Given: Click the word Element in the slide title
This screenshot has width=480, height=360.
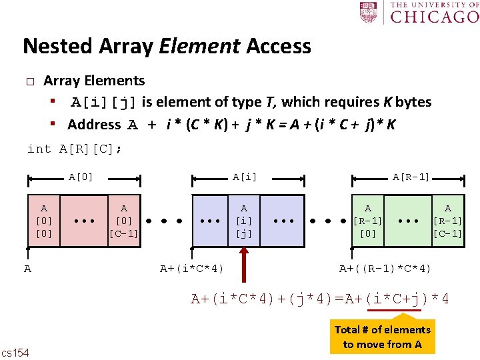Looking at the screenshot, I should [199, 46].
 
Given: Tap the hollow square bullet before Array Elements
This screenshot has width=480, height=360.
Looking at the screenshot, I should [29, 81].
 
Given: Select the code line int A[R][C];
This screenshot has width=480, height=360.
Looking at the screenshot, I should [74, 149].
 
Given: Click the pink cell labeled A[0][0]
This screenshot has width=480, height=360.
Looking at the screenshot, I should [44, 221].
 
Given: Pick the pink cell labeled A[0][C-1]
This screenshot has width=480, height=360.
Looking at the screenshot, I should [123, 221].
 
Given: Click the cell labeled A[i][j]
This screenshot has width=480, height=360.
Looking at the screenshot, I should [243, 221].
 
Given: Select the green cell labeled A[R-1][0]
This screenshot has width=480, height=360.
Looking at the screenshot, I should [368, 221].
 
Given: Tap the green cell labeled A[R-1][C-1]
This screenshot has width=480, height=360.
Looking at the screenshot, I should [447, 221].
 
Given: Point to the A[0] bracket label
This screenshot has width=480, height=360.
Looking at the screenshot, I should [81, 177].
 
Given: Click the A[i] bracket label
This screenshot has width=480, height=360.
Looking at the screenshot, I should [244, 177].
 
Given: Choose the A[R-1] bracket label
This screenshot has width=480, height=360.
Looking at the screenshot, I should [411, 177].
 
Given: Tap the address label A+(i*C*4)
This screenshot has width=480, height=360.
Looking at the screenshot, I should [192, 269].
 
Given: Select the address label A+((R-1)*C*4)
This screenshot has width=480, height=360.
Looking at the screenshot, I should [385, 269].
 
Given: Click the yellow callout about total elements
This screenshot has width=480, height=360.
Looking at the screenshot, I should [383, 336].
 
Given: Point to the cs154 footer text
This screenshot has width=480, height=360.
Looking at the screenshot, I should [15, 352].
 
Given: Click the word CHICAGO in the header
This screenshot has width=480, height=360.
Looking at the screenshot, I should [434, 16].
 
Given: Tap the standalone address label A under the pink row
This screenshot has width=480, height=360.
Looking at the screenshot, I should [27, 269].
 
